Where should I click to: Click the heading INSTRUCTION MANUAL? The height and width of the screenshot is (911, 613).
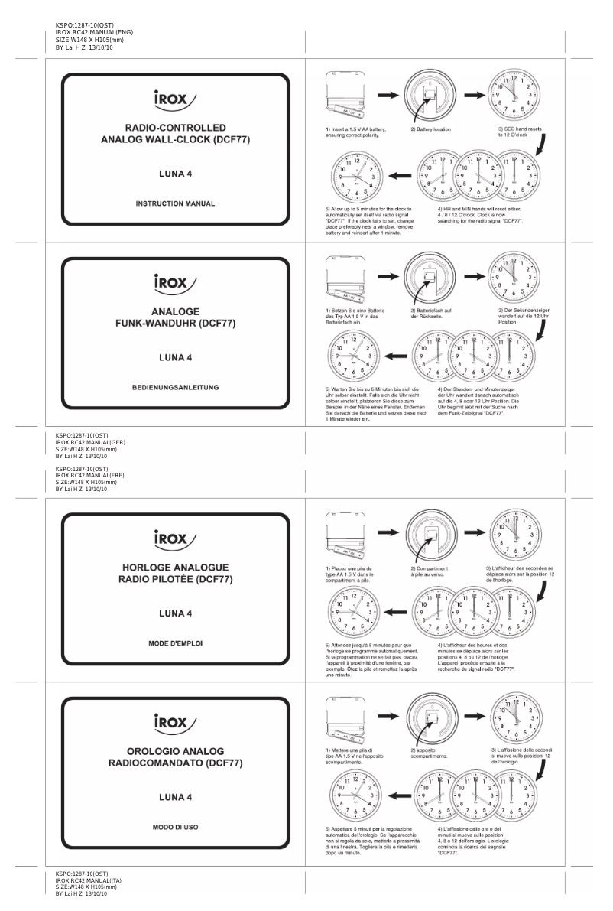tap(175, 204)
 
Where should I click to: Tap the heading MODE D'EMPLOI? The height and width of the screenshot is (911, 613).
tap(175, 643)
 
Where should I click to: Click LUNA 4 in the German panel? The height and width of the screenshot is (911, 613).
tap(175, 357)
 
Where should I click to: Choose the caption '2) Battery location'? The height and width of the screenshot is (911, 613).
tap(431, 129)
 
